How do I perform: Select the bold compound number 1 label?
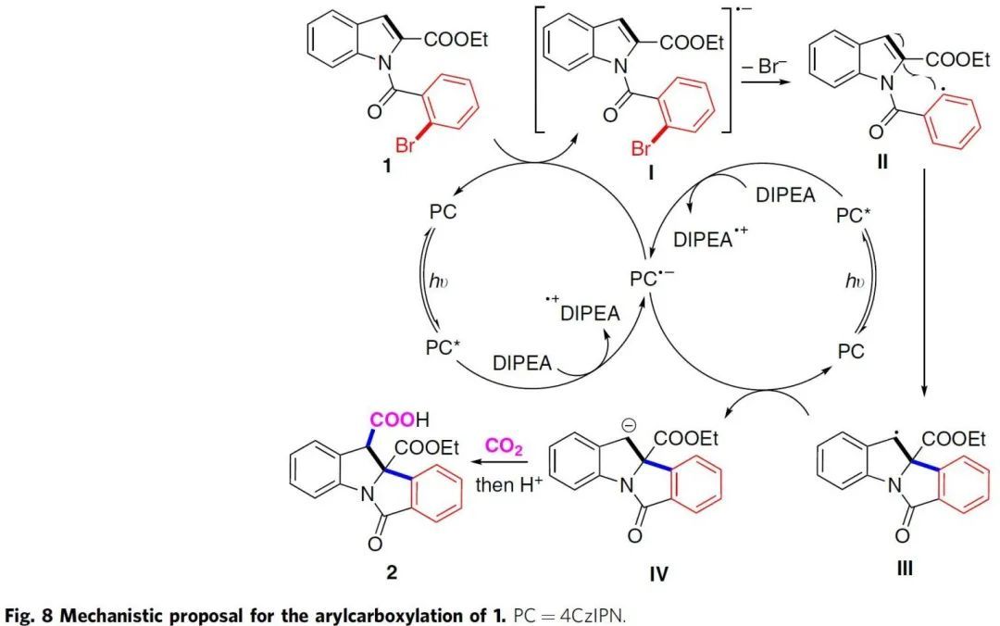pyautogui.click(x=386, y=167)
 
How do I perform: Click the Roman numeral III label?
pyautogui.click(x=905, y=568)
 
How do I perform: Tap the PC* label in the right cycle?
pyautogui.click(x=853, y=216)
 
